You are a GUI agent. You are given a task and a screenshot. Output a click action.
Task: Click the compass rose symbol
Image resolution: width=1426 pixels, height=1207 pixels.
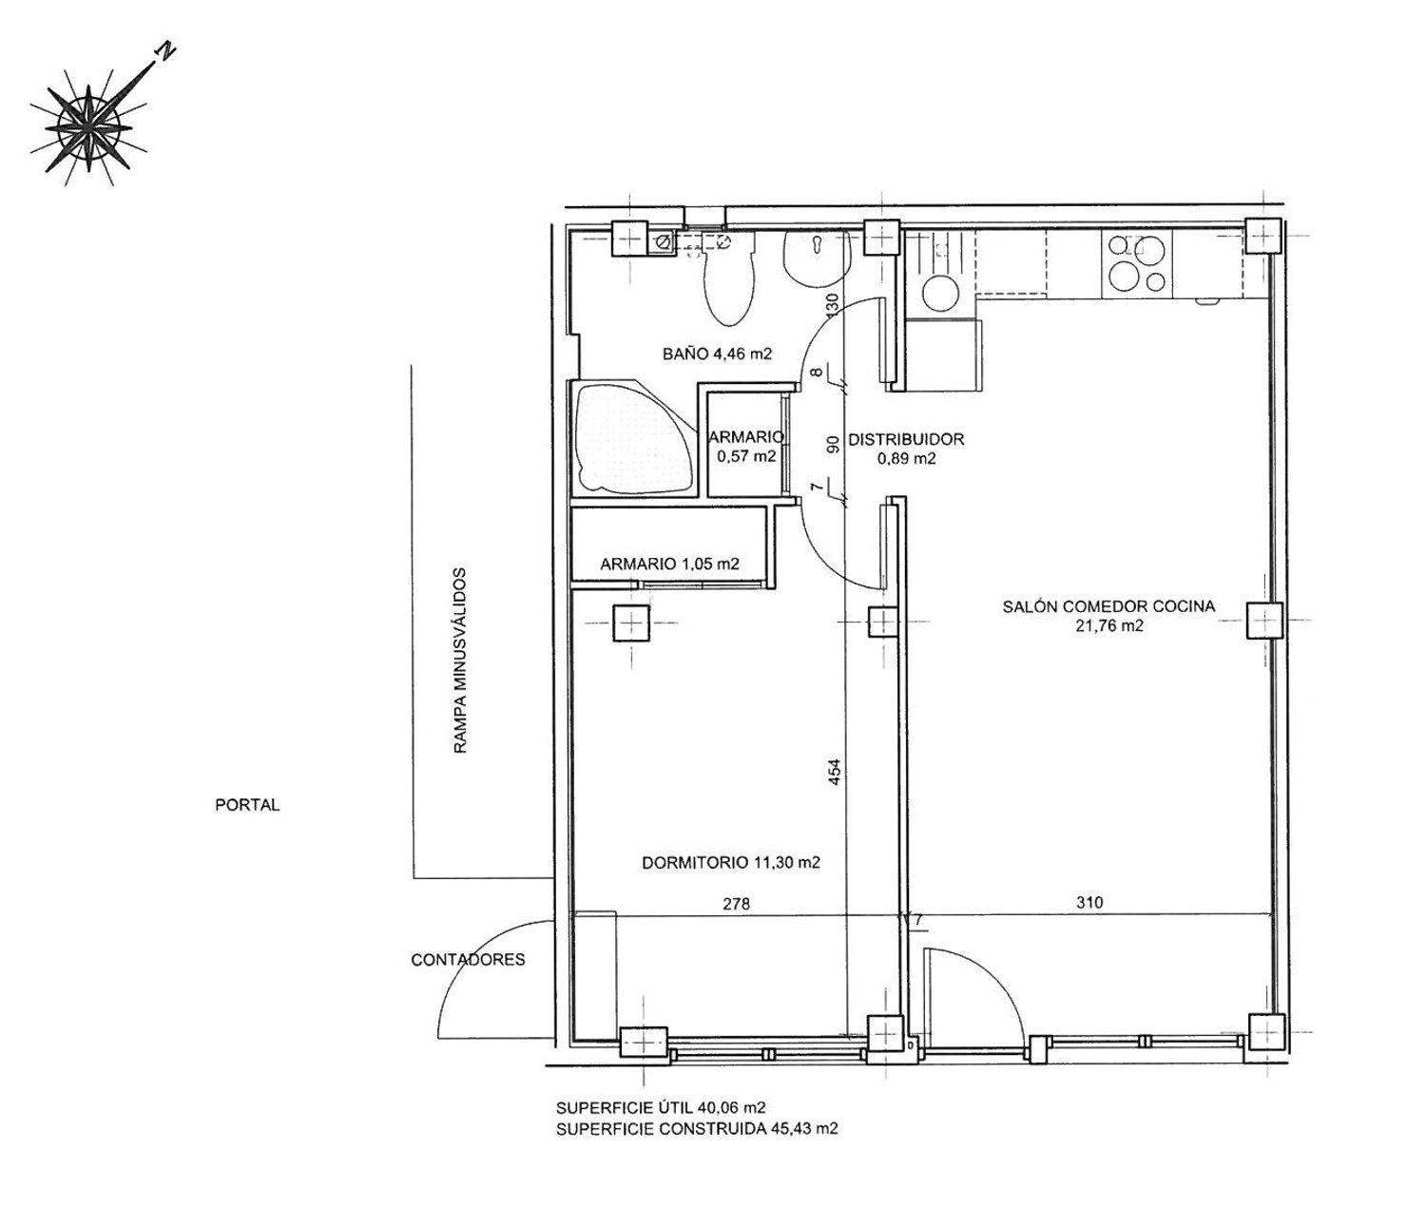(x=89, y=127)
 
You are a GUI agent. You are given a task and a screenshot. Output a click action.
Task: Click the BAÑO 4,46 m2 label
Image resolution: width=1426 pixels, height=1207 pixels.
(x=717, y=354)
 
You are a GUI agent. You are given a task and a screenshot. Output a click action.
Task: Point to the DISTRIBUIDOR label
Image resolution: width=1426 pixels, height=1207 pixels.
(x=906, y=439)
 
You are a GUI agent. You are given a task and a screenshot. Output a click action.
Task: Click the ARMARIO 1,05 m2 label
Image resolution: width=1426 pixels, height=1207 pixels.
(x=669, y=565)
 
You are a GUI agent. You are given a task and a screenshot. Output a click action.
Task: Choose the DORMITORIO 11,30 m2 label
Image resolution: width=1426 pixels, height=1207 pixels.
(x=731, y=863)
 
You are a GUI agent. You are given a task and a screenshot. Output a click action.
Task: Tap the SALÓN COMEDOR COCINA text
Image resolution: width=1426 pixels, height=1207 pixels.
(x=1108, y=607)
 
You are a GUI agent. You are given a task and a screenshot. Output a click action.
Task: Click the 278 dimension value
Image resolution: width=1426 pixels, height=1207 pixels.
(x=736, y=904)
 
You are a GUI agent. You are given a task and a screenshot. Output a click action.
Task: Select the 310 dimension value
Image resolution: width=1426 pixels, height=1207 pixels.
(x=1089, y=902)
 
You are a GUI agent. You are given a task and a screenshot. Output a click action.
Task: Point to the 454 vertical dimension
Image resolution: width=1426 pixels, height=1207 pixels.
(x=835, y=774)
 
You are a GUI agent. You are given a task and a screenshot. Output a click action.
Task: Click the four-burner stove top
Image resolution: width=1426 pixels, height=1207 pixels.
(x=1136, y=263)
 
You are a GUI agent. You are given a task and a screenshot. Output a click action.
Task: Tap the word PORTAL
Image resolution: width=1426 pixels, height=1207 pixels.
(x=247, y=805)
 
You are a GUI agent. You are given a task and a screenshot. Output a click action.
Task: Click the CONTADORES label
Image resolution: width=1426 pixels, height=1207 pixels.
(x=468, y=959)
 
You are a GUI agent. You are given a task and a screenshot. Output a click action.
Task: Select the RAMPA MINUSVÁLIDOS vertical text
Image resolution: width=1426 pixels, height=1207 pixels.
(x=459, y=661)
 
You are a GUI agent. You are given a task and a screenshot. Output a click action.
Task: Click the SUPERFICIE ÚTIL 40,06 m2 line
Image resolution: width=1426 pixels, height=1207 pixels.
(x=661, y=1108)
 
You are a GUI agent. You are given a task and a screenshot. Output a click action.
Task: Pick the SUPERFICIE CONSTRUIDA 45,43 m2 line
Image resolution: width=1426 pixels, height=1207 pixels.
(x=697, y=1129)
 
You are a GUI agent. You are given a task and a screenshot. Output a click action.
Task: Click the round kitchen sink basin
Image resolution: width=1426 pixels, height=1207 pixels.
(x=939, y=293)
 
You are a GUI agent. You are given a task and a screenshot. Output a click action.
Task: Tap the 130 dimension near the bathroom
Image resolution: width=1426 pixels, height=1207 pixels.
(x=834, y=305)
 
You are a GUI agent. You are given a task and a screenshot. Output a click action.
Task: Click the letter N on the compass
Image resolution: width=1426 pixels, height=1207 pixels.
(x=165, y=51)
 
